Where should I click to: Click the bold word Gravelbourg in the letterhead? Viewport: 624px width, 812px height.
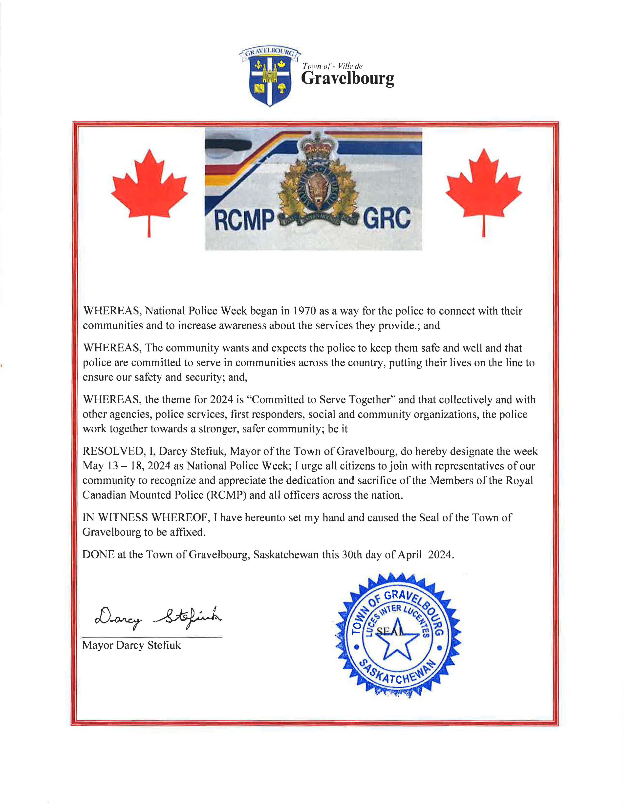tap(347, 78)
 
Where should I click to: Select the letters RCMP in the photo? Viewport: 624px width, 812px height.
tap(244, 220)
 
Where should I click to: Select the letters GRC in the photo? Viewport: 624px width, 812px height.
tap(387, 218)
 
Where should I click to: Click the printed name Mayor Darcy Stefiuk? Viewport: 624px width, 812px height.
tap(131, 645)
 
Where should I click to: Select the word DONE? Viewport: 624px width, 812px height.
tap(98, 555)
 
